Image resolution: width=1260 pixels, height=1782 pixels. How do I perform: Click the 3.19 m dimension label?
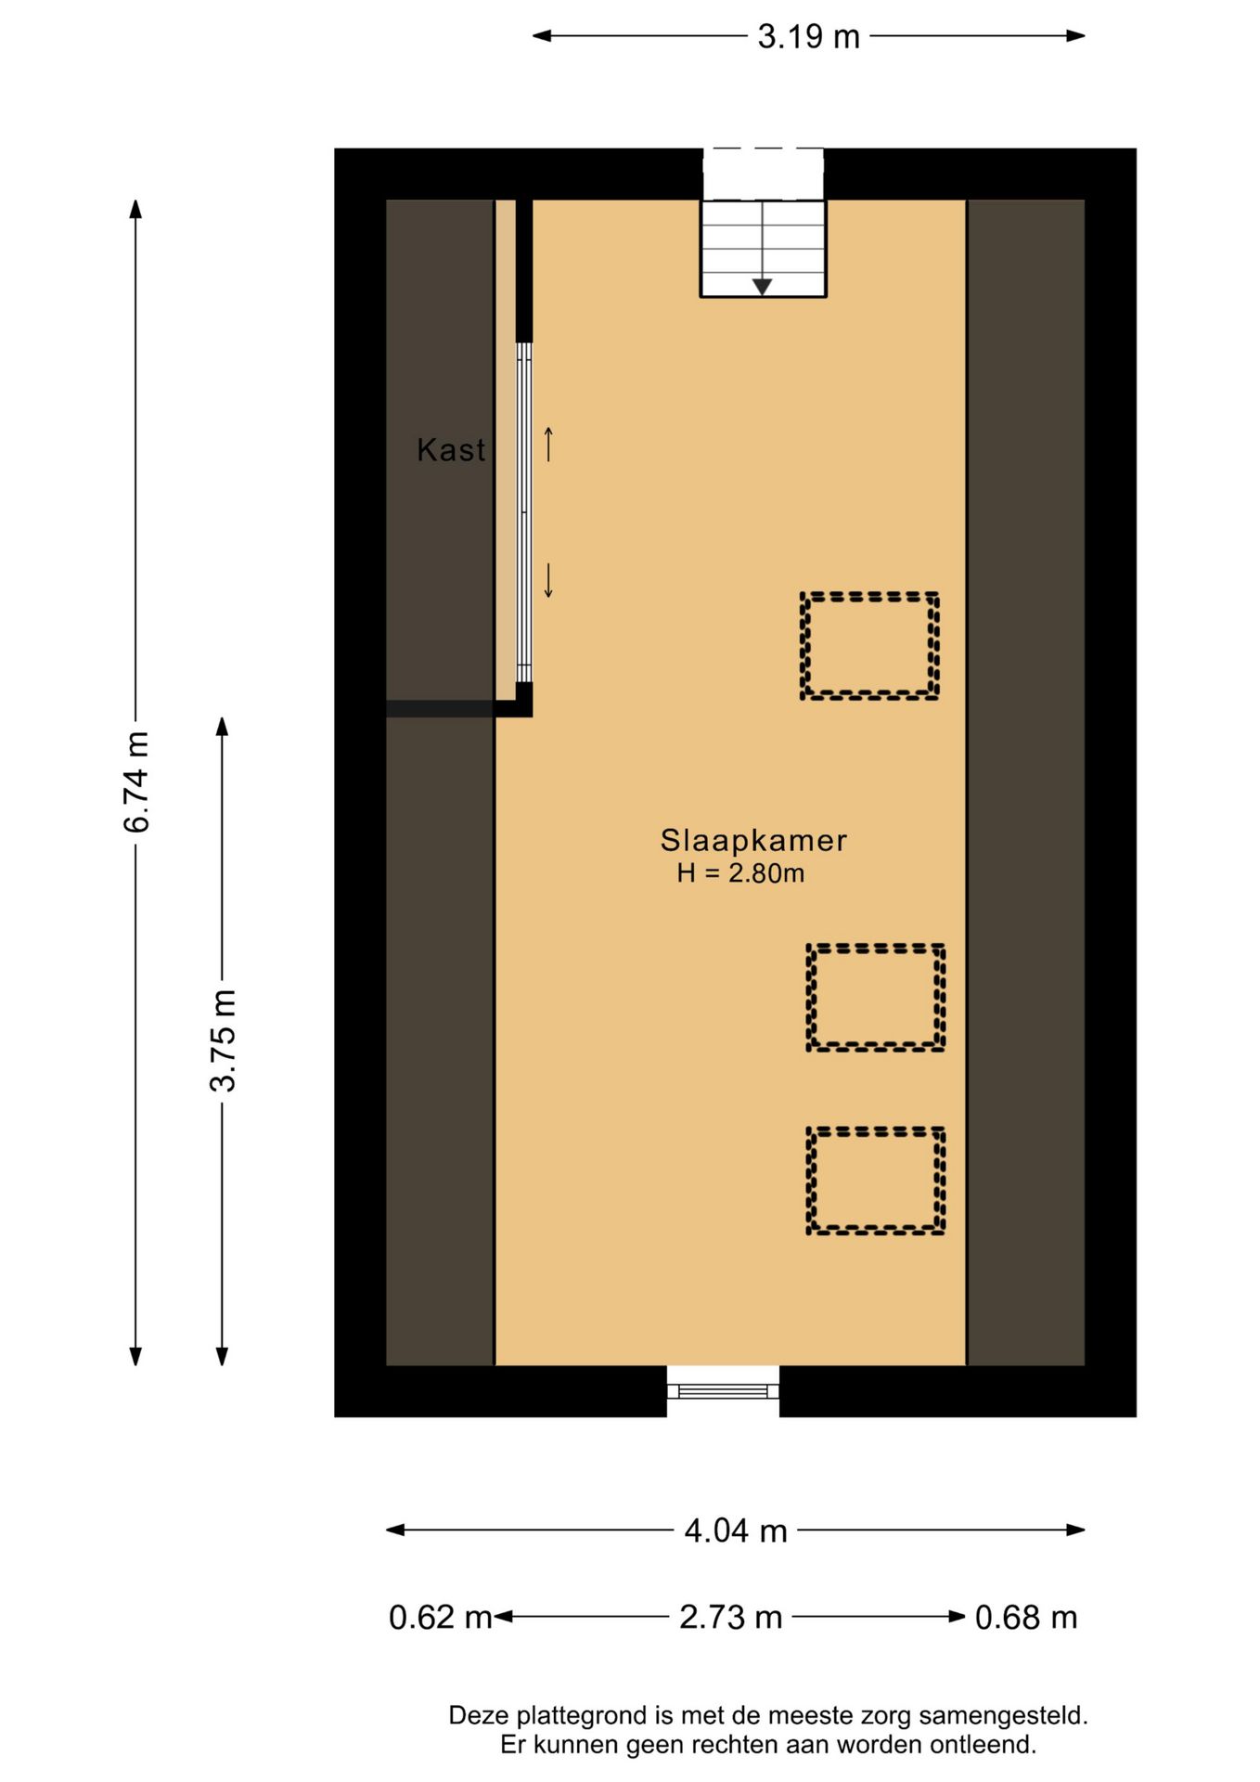click(808, 37)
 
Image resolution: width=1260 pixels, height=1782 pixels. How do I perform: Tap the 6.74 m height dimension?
click(136, 781)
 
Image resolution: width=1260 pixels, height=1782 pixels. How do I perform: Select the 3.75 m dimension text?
click(223, 1039)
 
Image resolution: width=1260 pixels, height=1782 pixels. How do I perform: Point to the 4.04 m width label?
click(735, 1530)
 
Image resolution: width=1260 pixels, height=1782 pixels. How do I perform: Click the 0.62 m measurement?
click(440, 1618)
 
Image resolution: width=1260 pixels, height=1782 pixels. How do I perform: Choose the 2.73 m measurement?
click(730, 1618)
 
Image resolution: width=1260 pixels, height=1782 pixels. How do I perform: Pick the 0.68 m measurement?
click(1025, 1618)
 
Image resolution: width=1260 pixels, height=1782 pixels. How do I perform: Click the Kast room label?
click(451, 450)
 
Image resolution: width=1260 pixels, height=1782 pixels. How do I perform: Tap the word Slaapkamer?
click(753, 840)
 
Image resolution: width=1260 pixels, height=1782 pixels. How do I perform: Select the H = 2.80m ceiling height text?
click(740, 873)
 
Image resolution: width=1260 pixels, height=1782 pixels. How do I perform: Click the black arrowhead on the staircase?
click(762, 287)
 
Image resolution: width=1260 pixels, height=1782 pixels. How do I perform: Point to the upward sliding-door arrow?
click(548, 444)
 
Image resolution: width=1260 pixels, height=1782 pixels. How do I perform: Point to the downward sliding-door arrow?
click(548, 580)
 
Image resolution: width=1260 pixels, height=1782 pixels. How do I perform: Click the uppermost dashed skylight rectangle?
click(869, 645)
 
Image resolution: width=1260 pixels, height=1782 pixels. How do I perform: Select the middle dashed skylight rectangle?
click(875, 998)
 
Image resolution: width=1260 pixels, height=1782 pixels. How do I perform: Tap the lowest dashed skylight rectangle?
click(875, 1181)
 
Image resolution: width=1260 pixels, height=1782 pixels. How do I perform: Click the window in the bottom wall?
click(723, 1389)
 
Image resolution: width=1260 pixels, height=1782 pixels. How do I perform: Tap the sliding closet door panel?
click(524, 513)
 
